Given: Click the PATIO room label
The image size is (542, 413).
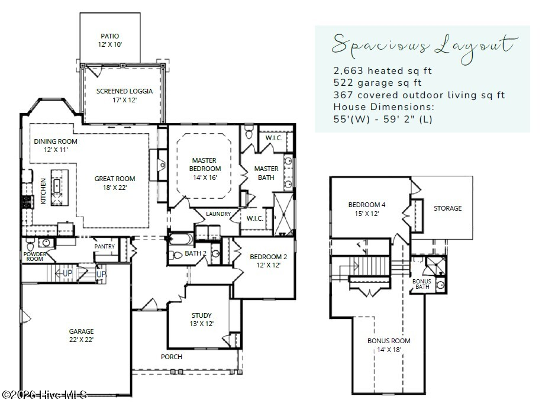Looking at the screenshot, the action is click(x=110, y=36).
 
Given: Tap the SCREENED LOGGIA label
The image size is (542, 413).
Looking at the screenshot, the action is click(x=124, y=91).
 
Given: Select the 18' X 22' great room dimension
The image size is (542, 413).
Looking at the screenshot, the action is click(x=115, y=188).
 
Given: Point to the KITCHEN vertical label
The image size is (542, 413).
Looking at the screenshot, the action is click(x=43, y=191).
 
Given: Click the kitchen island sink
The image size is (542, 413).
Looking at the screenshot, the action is click(x=57, y=186).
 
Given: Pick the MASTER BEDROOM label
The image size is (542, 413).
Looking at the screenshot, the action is click(x=205, y=164).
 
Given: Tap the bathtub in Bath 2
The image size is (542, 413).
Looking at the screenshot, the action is click(x=181, y=239).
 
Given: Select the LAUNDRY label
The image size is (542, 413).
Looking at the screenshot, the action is click(x=218, y=214).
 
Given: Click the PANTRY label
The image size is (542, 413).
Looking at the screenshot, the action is click(x=104, y=246).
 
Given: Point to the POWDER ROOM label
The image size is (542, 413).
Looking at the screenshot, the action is click(x=34, y=256).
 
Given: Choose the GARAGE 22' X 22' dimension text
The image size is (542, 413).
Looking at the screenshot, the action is click(x=81, y=340).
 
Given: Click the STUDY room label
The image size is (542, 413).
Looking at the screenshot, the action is click(x=202, y=315).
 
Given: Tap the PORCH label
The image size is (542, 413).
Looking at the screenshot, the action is click(x=172, y=357).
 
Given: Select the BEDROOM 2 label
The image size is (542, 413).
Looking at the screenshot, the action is click(x=268, y=257).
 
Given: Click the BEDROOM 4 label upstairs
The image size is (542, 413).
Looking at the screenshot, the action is click(x=367, y=205).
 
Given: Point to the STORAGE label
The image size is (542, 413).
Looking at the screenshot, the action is click(x=448, y=208).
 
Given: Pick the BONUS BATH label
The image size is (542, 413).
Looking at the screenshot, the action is click(x=422, y=284).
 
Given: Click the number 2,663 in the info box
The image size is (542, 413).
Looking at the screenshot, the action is click(x=348, y=71).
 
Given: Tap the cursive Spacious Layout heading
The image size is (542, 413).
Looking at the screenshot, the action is click(x=425, y=47).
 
